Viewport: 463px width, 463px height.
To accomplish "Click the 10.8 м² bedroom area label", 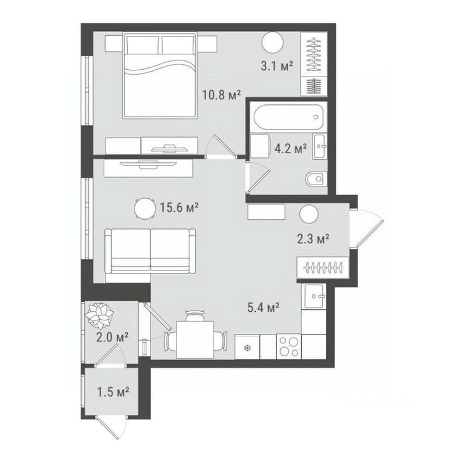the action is pyautogui.click(x=222, y=95).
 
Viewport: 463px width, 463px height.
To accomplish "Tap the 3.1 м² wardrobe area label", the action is pyautogui.click(x=277, y=65).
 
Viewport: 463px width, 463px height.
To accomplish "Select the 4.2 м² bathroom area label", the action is pyautogui.click(x=291, y=149).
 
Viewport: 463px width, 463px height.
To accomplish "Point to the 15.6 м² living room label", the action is pyautogui.click(x=179, y=208).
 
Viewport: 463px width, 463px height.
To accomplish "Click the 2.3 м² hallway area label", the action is pyautogui.click(x=313, y=238).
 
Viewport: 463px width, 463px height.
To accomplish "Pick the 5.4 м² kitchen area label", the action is pyautogui.click(x=264, y=307).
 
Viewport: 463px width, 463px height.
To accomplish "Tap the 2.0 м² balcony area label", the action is pyautogui.click(x=112, y=337).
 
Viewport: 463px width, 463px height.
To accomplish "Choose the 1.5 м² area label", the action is pyautogui.click(x=113, y=392).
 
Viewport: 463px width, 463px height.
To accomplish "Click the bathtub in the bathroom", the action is pyautogui.click(x=288, y=117).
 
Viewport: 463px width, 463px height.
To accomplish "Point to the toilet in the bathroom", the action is pyautogui.click(x=316, y=178).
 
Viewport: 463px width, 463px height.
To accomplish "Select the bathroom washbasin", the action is pyautogui.click(x=320, y=146).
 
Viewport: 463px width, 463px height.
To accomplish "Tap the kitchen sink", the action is pyautogui.click(x=314, y=296).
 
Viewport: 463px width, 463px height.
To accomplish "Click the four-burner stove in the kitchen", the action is pyautogui.click(x=289, y=347).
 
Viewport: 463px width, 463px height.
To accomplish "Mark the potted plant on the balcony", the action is pyautogui.click(x=99, y=315).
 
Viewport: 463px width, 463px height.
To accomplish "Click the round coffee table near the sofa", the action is pyautogui.click(x=145, y=209).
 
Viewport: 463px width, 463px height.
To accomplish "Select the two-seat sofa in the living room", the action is pyautogui.click(x=150, y=251).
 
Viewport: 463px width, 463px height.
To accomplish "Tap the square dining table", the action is pyautogui.click(x=195, y=340).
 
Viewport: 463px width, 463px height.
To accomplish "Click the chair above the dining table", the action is pyautogui.click(x=195, y=315).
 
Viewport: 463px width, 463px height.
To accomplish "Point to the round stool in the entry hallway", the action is pyautogui.click(x=309, y=214).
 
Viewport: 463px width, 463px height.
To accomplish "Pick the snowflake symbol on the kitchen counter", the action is pyautogui.click(x=247, y=348).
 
